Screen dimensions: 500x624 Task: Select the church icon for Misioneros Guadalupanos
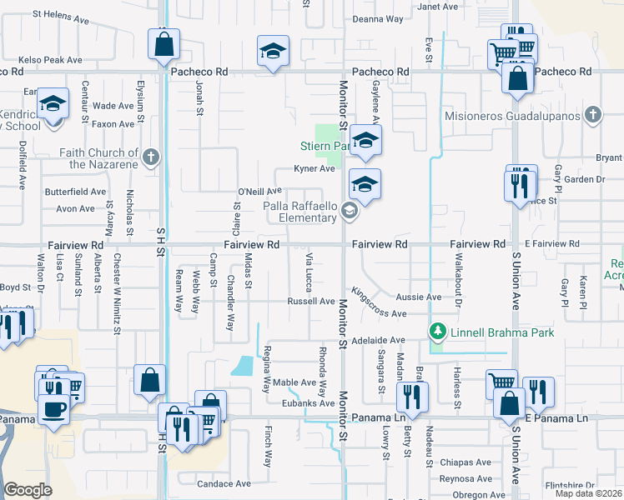[x=593, y=115]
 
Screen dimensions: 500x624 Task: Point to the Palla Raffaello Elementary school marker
[x=349, y=212]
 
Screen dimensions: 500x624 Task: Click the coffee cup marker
[x=55, y=409]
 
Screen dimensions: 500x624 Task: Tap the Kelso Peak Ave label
[x=52, y=60]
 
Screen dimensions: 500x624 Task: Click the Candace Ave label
[x=224, y=483]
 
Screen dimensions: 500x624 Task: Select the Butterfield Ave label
[x=76, y=192]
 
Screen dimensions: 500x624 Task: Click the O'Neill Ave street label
[x=259, y=192]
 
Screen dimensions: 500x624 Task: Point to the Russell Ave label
[x=310, y=301]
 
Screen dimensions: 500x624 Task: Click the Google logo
[x=28, y=490]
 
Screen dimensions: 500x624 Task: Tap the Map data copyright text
[x=588, y=493]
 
